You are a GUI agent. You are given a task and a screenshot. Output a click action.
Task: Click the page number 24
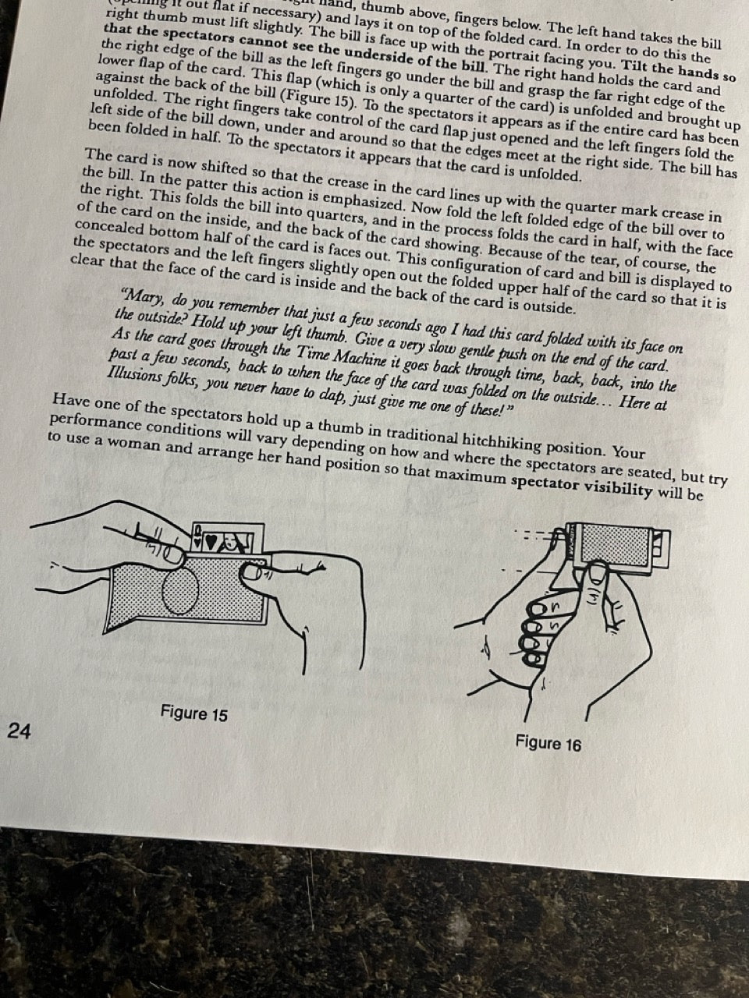pos(19,731)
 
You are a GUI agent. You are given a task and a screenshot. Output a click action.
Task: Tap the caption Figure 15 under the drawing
pos(193,713)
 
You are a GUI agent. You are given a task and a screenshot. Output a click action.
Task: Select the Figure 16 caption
pos(548,743)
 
